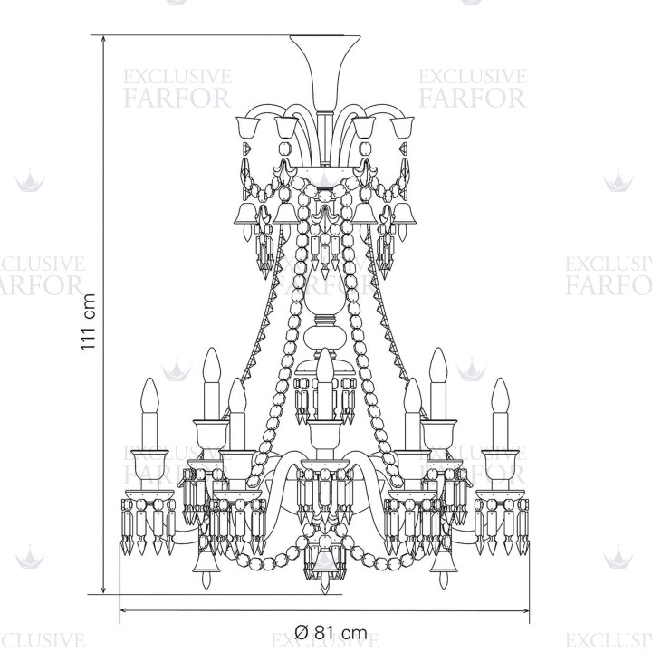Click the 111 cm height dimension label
[x=89, y=321]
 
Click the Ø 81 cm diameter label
[x=331, y=633]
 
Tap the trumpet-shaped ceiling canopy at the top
[x=325, y=72]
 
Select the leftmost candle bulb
[x=150, y=395]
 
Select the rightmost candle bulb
[x=500, y=395]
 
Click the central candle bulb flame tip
[x=325, y=348]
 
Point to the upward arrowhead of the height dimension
[x=104, y=39]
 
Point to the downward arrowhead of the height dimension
[x=104, y=590]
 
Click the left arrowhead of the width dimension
[x=122, y=611]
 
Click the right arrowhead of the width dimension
[x=527, y=611]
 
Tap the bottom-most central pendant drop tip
[x=325, y=591]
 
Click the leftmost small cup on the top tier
[x=248, y=128]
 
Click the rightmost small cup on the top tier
[x=402, y=128]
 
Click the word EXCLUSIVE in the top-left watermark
[x=177, y=77]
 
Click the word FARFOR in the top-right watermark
[x=473, y=98]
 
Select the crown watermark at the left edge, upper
[x=30, y=180]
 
